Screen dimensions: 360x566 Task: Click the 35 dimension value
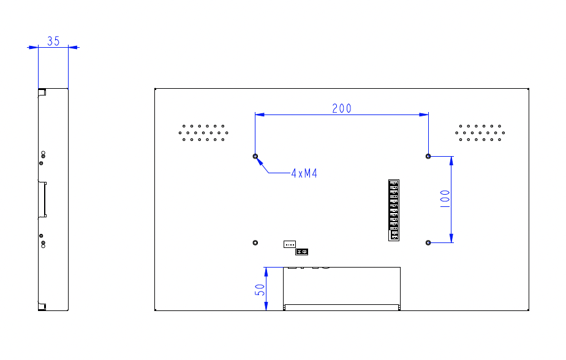pos(53,41)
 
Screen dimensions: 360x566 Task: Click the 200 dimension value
pos(342,108)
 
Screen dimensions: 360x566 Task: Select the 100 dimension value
pos(445,199)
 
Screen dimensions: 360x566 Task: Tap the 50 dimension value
pos(260,290)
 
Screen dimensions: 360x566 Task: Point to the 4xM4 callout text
pos(304,174)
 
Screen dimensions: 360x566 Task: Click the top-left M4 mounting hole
pos(255,156)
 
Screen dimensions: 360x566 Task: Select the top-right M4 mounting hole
pos(428,156)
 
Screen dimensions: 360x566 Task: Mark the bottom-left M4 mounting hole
pos(255,242)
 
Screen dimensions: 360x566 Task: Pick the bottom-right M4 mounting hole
pos(428,242)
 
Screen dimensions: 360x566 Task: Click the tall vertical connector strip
pos(393,210)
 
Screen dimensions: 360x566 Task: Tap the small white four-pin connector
pos(290,244)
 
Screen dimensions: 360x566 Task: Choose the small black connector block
pos(301,252)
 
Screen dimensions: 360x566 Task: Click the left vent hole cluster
pos(204,133)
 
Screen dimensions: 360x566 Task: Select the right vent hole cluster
pos(480,133)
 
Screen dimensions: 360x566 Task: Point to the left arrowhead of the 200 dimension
pos(259,114)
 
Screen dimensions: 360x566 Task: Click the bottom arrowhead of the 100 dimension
pos(451,238)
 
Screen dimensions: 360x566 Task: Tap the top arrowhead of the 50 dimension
pos(266,271)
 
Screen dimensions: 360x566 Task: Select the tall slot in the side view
pos(43,199)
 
